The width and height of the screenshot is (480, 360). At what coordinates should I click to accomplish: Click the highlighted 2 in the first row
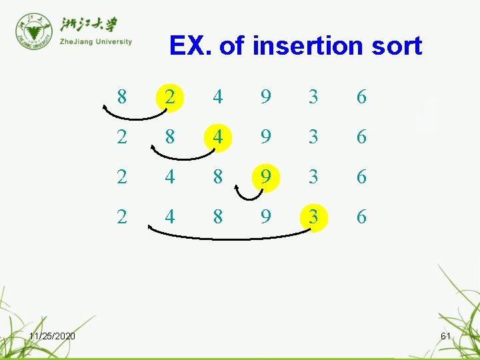(x=170, y=97)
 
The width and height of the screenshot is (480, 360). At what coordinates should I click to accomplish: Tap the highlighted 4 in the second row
(x=218, y=137)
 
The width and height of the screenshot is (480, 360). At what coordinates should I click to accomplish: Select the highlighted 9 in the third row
(x=266, y=177)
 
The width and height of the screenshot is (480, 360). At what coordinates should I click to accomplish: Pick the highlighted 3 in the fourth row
(x=313, y=217)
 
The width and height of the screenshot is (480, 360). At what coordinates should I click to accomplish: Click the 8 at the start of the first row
(x=121, y=97)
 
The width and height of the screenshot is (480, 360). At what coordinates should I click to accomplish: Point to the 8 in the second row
(x=170, y=137)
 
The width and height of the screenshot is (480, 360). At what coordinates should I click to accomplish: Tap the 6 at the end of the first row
(x=361, y=97)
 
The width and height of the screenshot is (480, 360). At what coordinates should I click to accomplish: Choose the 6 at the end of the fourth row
(x=361, y=217)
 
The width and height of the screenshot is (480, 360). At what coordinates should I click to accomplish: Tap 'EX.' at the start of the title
(x=191, y=45)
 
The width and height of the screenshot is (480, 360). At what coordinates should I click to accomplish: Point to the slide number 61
(x=446, y=336)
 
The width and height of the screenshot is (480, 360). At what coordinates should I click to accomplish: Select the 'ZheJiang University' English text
(x=96, y=41)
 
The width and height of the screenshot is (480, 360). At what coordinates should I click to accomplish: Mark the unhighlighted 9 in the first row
(x=266, y=97)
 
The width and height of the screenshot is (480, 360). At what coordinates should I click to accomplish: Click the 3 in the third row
(x=313, y=177)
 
